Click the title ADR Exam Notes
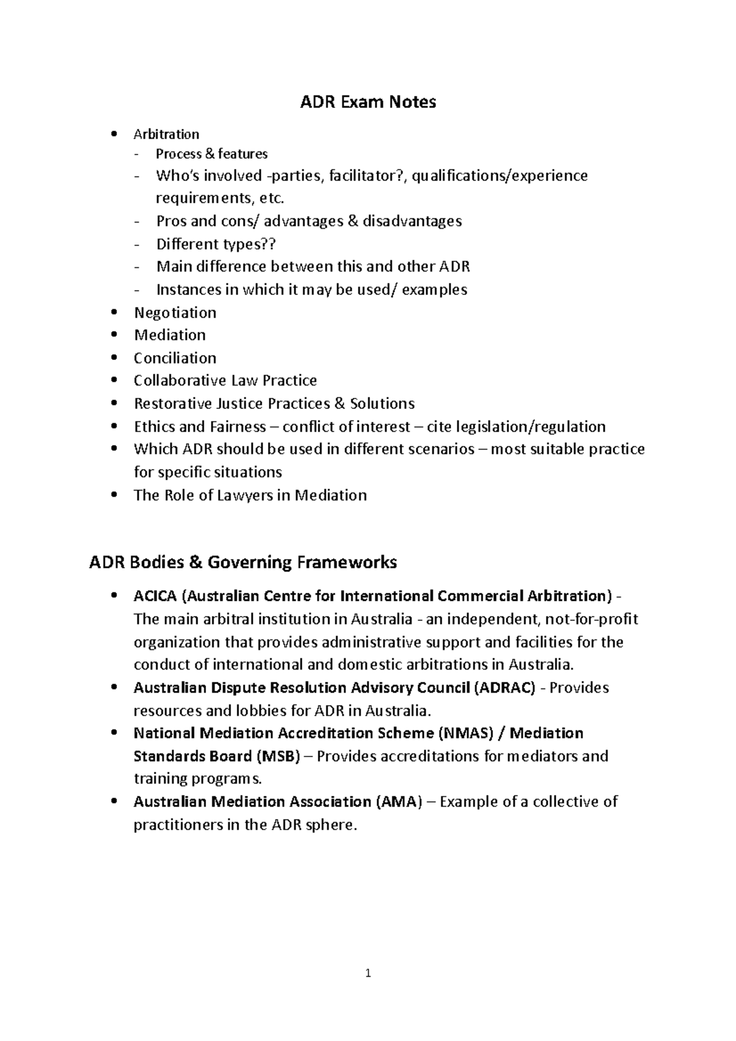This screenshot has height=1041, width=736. click(368, 102)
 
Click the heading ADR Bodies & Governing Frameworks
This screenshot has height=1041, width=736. click(243, 562)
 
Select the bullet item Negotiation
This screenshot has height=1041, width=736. click(175, 313)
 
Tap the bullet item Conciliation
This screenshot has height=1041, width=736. click(175, 358)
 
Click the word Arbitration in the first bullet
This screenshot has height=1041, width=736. click(166, 134)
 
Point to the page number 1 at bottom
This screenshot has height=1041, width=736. click(367, 973)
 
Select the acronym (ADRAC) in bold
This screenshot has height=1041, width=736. click(505, 688)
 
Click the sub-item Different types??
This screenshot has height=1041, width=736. click(216, 244)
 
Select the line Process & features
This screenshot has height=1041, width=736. click(212, 154)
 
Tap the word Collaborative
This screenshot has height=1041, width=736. click(180, 381)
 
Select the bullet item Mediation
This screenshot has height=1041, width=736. click(170, 335)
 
